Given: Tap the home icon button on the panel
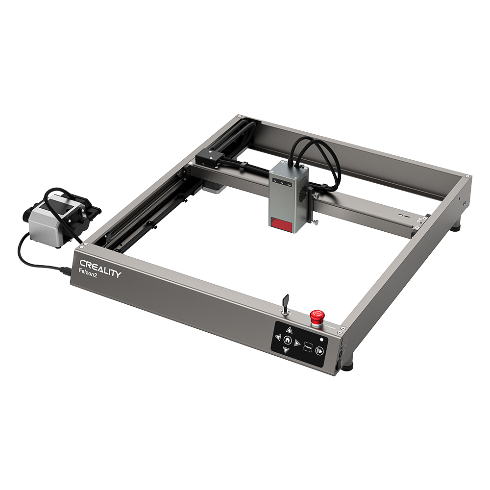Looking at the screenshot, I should coord(288,340).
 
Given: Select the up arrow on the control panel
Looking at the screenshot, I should coord(289,330).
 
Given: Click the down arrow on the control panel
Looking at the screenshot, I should coord(286,350).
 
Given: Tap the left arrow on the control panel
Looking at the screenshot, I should coord(278,337).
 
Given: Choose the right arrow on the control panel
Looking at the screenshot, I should coord(297,343).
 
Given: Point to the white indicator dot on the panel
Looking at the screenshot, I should coord(321,340).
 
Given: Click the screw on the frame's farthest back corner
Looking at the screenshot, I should coord(239,116).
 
